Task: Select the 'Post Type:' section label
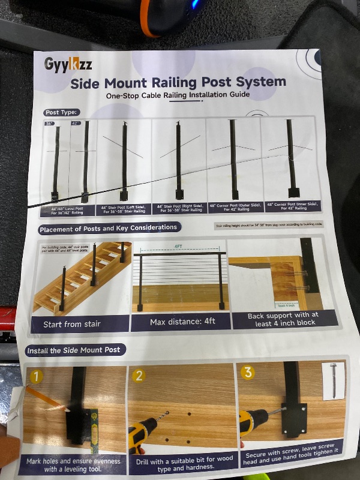coord(61,113)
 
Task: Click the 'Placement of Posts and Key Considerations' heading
coord(109,229)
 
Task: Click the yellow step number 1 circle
coord(37,377)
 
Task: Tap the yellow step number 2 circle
coord(139,376)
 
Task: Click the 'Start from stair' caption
coord(72,325)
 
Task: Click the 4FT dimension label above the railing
coord(179,247)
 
